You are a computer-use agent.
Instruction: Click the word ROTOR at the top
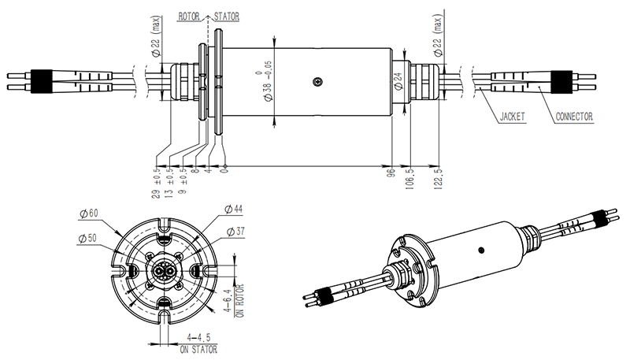click(191, 14)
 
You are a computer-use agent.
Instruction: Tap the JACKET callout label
click(513, 117)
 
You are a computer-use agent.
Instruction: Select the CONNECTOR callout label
click(574, 117)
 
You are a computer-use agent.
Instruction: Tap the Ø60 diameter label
click(88, 213)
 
